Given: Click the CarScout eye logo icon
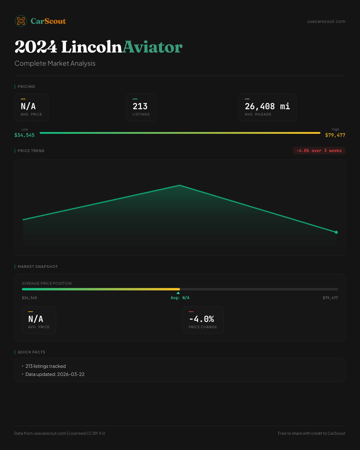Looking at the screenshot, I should [21, 21].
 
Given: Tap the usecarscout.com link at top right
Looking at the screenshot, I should [326, 21].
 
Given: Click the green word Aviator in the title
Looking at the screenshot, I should [152, 47].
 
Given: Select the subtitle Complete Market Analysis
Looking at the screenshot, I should [55, 63].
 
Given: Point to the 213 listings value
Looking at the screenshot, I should [140, 106].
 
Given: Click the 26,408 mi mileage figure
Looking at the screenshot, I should [267, 106].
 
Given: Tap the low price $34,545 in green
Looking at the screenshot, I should [25, 135].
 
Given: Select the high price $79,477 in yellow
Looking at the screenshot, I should [335, 135].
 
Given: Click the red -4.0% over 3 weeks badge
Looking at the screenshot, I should [319, 151].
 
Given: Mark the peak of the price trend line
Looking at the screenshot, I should [180, 185].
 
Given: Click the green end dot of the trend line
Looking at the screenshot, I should [336, 232].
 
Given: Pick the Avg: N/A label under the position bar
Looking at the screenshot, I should [180, 298].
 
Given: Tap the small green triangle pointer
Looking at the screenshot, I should [178, 293].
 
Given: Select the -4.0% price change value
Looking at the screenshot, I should [202, 319].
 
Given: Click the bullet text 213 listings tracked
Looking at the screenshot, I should [46, 366].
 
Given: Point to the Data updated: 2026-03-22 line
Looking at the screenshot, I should [55, 374].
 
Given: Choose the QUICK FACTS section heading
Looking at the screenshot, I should [31, 352].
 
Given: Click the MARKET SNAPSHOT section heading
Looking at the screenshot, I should [37, 266].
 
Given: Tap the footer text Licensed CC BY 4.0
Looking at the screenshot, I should [87, 433].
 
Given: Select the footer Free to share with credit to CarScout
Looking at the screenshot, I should [311, 433].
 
